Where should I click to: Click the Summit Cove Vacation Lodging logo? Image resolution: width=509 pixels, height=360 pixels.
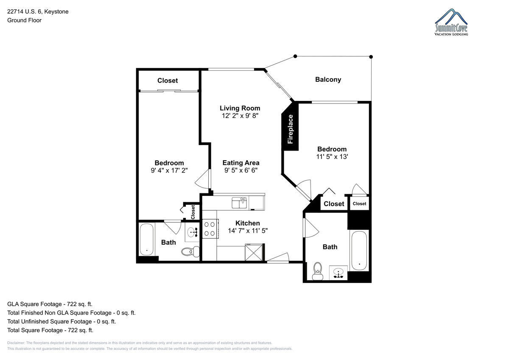tap(451, 22)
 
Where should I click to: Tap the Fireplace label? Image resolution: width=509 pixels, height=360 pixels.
tap(290, 129)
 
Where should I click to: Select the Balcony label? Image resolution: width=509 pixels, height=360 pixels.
tap(328, 79)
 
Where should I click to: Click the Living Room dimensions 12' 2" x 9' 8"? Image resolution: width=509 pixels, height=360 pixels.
tap(240, 116)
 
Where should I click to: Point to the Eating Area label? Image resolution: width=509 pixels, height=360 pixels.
tap(241, 163)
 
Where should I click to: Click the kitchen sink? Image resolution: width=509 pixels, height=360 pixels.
tap(239, 203)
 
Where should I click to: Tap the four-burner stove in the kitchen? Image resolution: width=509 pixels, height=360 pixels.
tap(210, 229)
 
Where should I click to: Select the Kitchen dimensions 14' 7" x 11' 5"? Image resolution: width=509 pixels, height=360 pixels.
tap(248, 231)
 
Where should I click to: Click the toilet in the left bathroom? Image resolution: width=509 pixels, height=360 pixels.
tap(190, 251)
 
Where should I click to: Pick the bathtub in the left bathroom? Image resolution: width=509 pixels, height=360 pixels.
tap(147, 240)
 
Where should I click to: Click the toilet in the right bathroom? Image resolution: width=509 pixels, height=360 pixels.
tap(317, 271)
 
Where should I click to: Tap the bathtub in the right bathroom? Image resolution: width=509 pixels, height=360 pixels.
tap(359, 251)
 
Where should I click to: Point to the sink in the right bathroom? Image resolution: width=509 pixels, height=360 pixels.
tap(338, 273)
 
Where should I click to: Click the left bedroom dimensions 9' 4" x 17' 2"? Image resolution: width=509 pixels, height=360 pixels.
tap(169, 170)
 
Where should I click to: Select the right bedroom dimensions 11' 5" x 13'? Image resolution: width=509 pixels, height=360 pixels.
tap(332, 156)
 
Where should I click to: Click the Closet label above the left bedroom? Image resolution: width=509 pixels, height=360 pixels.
tap(168, 81)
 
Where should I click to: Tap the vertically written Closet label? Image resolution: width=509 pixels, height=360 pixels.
tap(193, 212)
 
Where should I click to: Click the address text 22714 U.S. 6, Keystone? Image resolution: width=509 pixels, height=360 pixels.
tap(38, 11)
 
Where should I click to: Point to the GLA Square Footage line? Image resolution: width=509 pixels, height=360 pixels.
tap(50, 304)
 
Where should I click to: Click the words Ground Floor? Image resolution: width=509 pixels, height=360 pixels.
tap(24, 20)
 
